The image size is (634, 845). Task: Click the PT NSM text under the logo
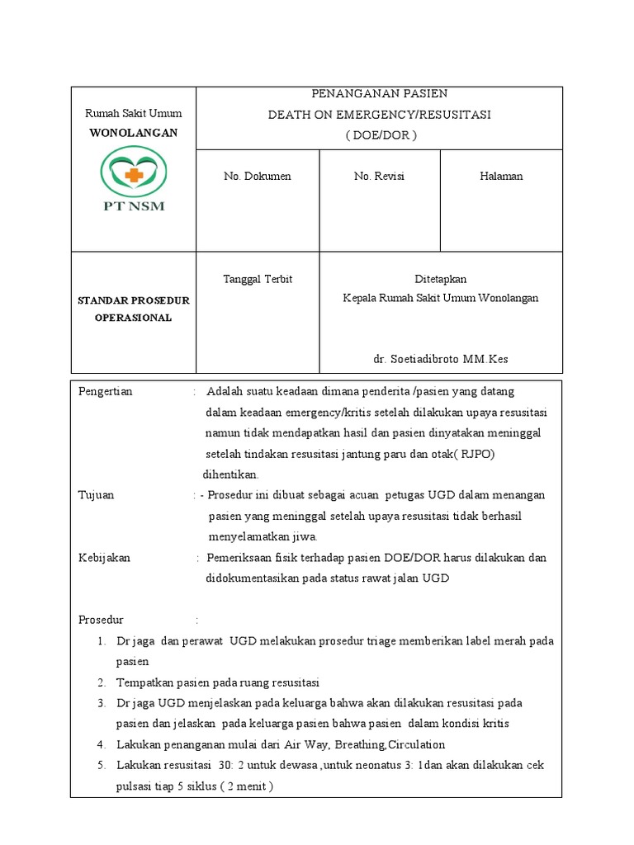coord(133,206)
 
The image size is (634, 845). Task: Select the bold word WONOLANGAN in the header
coord(133,132)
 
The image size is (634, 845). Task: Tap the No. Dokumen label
coord(257,177)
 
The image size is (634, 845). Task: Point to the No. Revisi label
coord(379,177)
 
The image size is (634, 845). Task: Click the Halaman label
coord(501,177)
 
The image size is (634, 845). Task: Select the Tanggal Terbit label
coord(258,279)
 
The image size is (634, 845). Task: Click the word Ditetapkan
coord(440,279)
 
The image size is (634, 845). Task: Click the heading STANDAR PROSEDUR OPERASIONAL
coord(133,309)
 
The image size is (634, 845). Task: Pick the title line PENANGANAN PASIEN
coord(379,94)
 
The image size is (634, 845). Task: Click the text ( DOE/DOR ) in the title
coord(379,135)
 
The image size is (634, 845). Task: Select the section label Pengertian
coord(105,391)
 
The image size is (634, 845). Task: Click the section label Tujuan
coord(96,495)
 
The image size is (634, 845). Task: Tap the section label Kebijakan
coord(104,558)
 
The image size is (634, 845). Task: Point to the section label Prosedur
coord(101,620)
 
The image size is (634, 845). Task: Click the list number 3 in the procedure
coord(101,703)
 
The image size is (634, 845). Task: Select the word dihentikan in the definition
coord(231,474)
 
